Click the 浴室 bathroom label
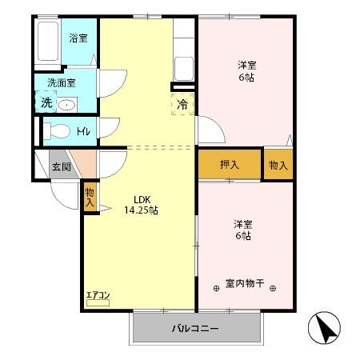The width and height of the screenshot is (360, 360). pyautogui.click(x=78, y=38)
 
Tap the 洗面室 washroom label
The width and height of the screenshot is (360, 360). pyautogui.click(x=61, y=82)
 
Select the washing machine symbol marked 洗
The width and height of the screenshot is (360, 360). pyautogui.click(x=46, y=103)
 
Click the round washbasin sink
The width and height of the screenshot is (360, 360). pyautogui.click(x=67, y=104)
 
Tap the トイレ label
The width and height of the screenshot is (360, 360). pyautogui.click(x=85, y=130)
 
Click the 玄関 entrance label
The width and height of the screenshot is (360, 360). pyautogui.click(x=62, y=167)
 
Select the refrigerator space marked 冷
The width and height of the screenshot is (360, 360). pyautogui.click(x=182, y=104)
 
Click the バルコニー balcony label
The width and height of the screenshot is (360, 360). pyautogui.click(x=195, y=329)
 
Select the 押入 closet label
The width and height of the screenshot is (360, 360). pyautogui.click(x=230, y=165)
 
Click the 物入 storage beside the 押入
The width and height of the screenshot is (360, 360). pyautogui.click(x=278, y=165)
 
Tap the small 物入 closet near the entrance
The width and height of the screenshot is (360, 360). pyautogui.click(x=90, y=197)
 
